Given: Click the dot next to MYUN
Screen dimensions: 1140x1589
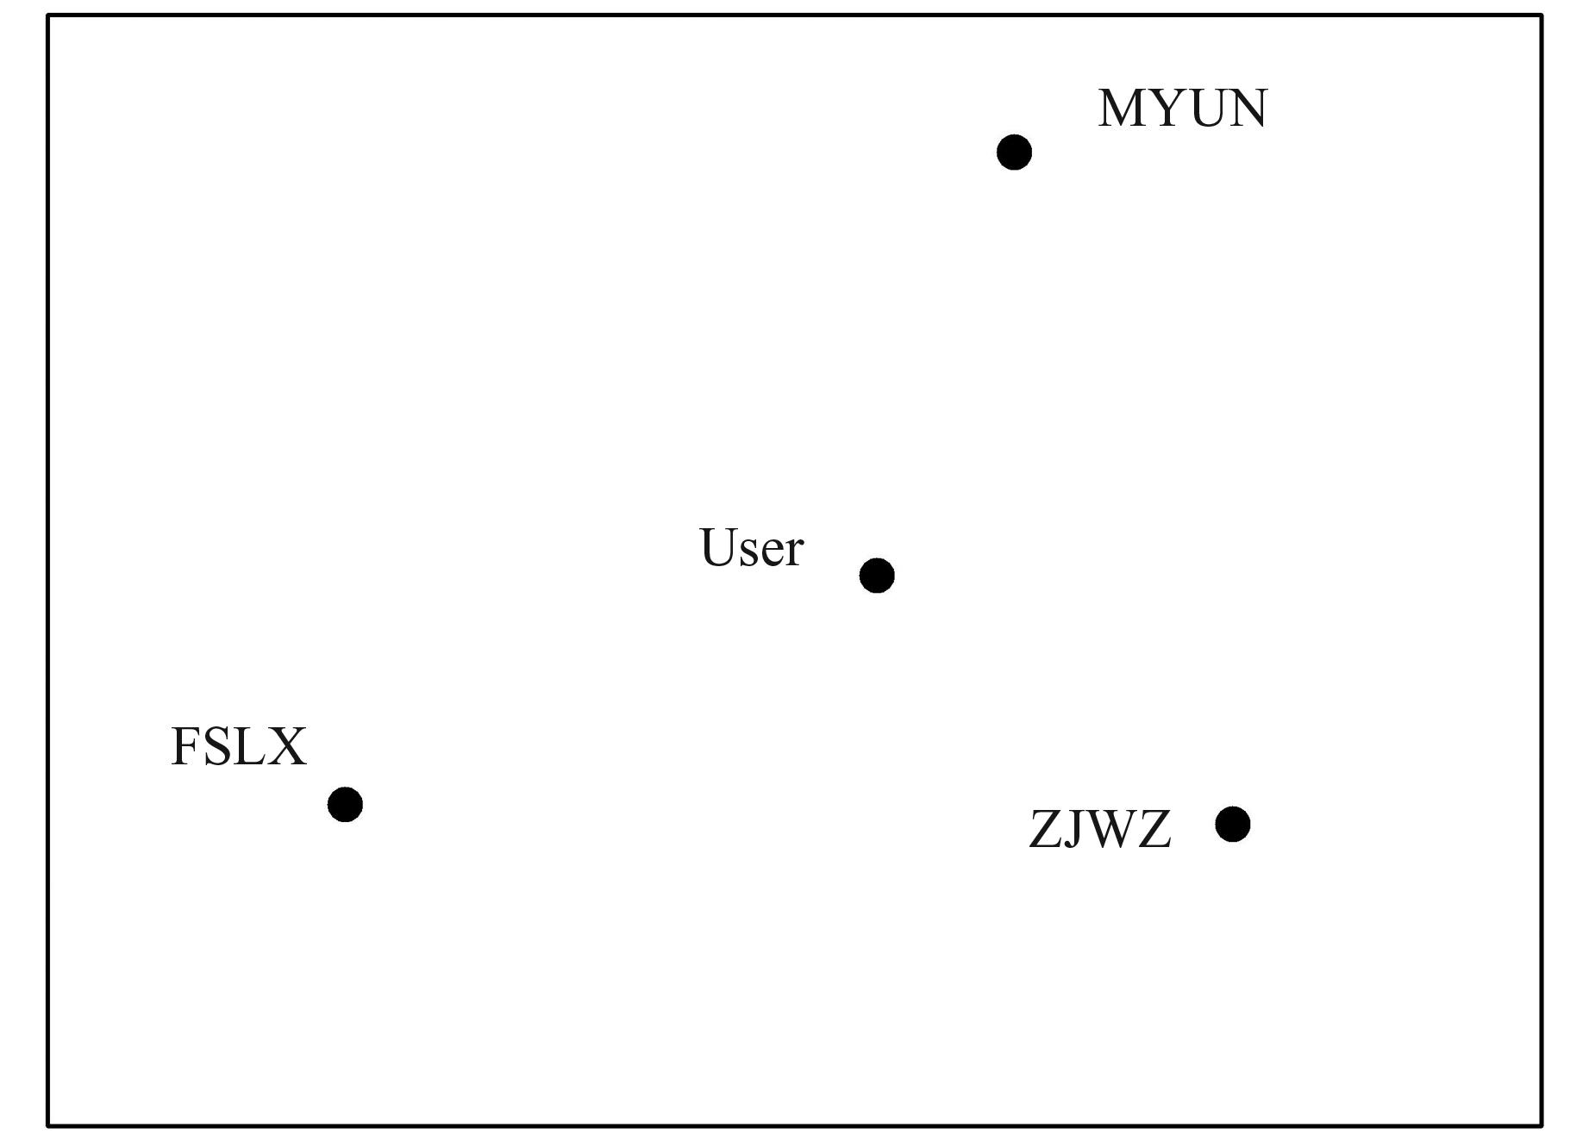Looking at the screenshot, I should (x=1014, y=153).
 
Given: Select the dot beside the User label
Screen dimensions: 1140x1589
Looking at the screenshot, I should (x=877, y=576).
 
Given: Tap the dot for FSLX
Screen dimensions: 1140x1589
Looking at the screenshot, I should (x=345, y=805).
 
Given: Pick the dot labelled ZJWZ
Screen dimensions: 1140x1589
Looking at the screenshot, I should (x=1232, y=825).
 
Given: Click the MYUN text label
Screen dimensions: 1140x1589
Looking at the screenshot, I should (x=1182, y=109).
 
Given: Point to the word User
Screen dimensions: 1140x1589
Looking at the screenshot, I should (x=751, y=548).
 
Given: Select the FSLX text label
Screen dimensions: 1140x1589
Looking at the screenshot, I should (x=239, y=746).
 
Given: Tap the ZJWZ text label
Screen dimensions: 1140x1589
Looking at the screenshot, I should (x=1099, y=830).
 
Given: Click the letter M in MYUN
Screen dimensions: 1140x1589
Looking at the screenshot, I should (x=1123, y=109).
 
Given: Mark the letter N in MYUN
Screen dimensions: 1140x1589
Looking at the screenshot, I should (x=1247, y=109).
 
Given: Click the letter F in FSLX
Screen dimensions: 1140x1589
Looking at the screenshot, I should (x=185, y=746).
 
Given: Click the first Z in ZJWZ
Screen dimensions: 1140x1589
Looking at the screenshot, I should (x=1046, y=830).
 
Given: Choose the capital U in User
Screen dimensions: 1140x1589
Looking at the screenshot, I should (x=717, y=548).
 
